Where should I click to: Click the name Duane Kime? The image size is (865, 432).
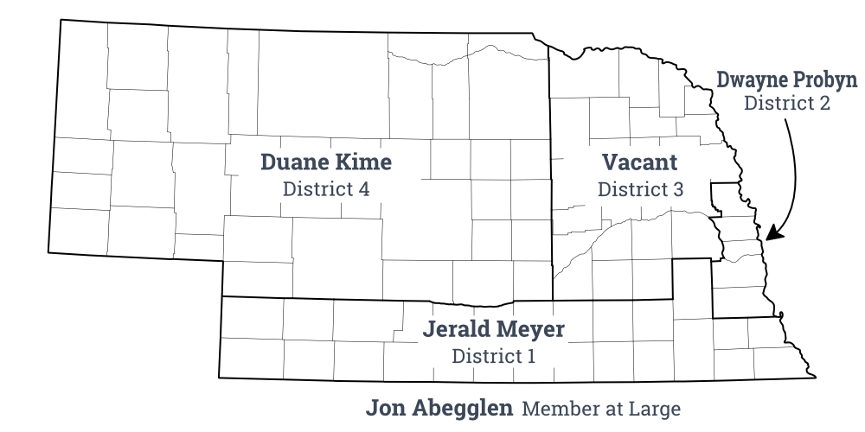[x=326, y=162]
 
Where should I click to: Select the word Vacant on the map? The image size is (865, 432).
[x=640, y=162]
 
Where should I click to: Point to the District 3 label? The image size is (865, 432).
[x=640, y=189]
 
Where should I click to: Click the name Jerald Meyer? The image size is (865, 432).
[x=494, y=329]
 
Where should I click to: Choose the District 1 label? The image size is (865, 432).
[x=494, y=355]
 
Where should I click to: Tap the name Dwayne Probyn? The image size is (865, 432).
[x=786, y=80]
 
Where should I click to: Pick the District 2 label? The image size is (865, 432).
[x=787, y=104]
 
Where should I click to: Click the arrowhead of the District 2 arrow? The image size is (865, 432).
[x=772, y=233]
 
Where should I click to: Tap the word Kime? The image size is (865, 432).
[x=364, y=162]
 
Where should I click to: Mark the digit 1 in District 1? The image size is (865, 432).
[x=531, y=355]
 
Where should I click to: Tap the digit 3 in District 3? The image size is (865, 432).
[x=677, y=189]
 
